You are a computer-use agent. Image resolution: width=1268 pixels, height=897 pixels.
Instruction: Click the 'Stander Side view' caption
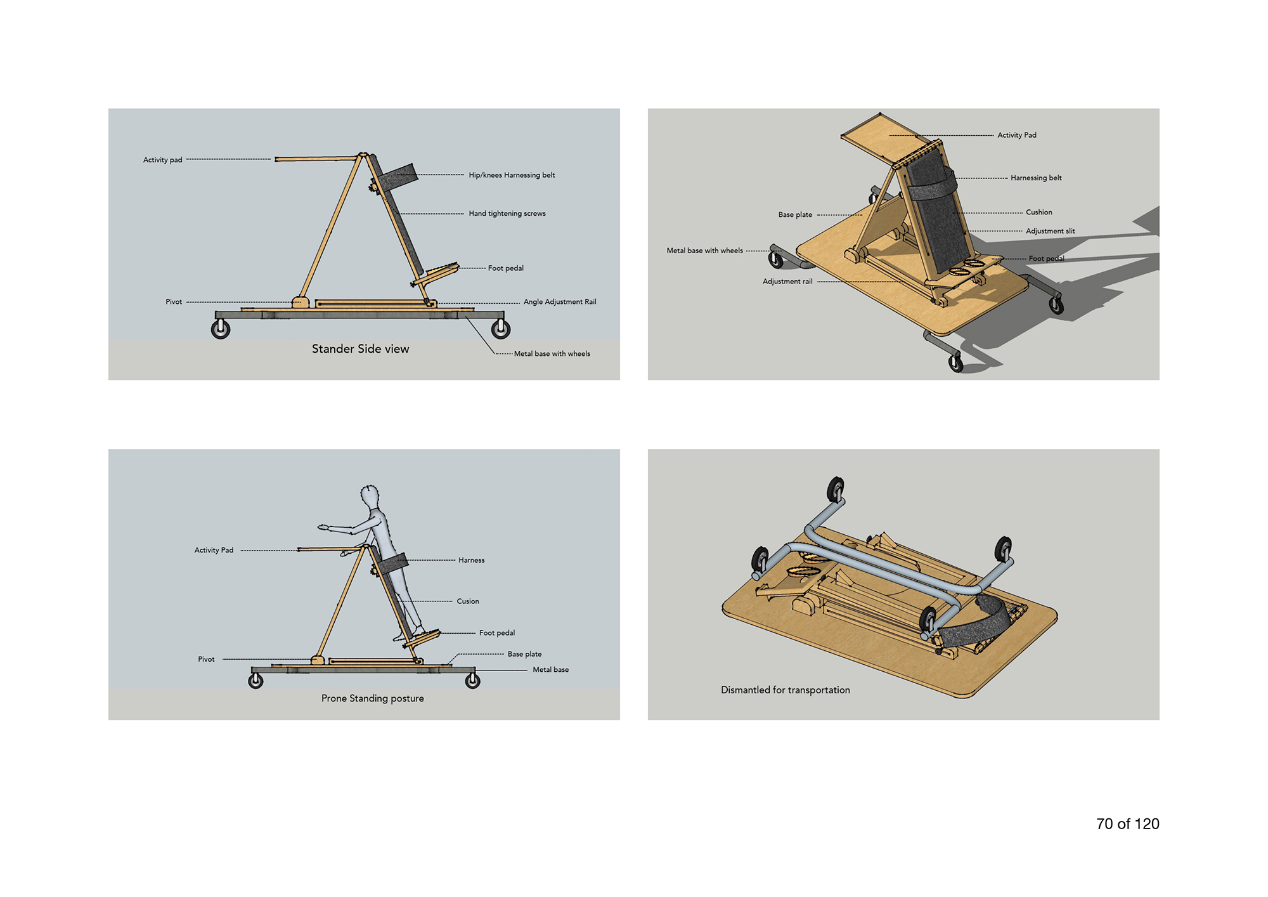(x=360, y=349)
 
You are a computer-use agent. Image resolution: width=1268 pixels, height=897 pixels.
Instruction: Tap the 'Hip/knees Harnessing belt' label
(x=512, y=175)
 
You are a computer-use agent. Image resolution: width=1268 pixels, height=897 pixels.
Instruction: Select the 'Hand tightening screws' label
(x=507, y=213)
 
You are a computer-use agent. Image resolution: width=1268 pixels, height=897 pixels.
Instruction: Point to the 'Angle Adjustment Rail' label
(x=560, y=302)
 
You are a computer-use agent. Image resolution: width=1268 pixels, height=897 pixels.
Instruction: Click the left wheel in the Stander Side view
(x=221, y=329)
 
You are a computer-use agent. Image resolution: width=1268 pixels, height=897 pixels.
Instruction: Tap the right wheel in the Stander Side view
(x=501, y=329)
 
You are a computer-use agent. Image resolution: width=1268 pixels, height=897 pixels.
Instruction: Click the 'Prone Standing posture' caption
(x=373, y=698)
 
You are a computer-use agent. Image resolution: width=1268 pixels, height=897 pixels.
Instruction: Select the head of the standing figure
(x=370, y=495)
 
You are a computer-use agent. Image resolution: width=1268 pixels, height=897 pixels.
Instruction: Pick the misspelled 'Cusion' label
(x=468, y=601)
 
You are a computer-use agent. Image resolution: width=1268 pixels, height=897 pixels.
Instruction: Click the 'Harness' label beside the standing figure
(x=471, y=560)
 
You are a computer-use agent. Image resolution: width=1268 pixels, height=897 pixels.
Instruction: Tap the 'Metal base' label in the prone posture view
(x=550, y=670)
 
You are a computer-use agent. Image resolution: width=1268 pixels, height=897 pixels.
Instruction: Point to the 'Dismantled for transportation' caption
(x=786, y=690)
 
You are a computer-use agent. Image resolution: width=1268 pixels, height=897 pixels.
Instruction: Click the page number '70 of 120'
(x=1128, y=824)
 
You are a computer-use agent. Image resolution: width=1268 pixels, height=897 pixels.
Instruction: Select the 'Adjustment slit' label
(x=1051, y=231)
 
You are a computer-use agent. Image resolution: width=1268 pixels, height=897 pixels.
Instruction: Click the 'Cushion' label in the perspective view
(x=1039, y=213)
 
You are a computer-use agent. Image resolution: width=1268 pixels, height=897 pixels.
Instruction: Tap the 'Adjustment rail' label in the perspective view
(x=787, y=282)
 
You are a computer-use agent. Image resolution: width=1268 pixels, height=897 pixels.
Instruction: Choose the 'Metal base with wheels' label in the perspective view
(x=704, y=251)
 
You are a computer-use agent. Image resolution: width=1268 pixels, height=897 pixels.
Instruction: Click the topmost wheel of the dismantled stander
(x=836, y=490)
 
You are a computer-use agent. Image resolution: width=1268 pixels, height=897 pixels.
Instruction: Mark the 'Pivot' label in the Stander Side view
(x=174, y=302)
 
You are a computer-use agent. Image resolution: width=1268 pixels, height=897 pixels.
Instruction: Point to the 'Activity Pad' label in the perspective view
(x=1017, y=135)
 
